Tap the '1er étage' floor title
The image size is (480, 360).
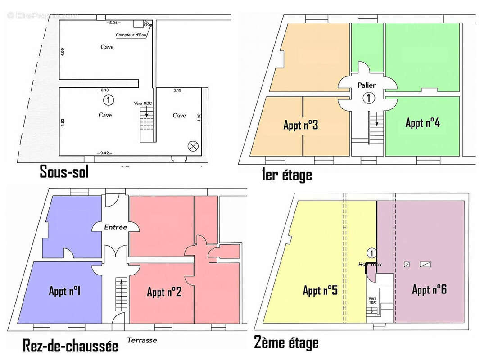click(286, 174)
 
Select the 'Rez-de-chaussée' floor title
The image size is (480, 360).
click(70, 346)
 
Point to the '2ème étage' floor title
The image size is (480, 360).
click(286, 343)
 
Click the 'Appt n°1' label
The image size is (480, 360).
click(64, 291)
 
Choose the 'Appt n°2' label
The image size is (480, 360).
click(164, 292)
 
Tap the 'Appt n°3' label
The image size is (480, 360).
click(301, 125)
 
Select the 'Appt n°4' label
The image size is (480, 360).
click(422, 122)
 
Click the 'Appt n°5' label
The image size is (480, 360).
click(320, 291)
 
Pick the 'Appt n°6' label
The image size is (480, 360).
click(429, 289)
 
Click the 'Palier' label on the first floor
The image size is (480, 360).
click(367, 85)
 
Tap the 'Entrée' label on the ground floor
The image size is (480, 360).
click(116, 228)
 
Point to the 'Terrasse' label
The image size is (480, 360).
click(142, 340)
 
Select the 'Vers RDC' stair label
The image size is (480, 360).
click(143, 103)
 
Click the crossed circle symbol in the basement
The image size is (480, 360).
click(193, 145)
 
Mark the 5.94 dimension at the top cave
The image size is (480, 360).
click(113, 22)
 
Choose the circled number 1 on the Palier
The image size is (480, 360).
click(368, 98)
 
